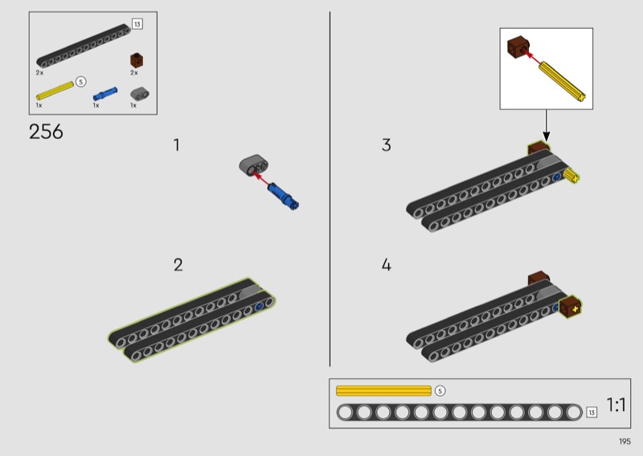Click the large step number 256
coord(46,132)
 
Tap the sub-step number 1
coord(177,145)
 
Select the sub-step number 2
coord(178,265)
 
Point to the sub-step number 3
coord(387,145)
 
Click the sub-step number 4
coord(387,265)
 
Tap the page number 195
coord(625,442)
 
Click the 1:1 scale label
coord(616,405)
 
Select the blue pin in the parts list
coord(105,94)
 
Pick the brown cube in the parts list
coord(137,60)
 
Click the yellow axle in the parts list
coord(55,91)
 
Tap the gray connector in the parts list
coord(140,93)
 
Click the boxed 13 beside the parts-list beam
coord(137,24)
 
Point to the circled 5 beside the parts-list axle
coord(81,82)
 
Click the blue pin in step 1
coord(283,197)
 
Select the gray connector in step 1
coord(254,165)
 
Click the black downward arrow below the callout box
coord(546,125)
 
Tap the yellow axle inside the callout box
coord(562,81)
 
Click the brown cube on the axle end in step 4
coord(571,307)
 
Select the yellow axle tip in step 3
coord(571,177)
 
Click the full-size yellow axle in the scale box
coord(383,391)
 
